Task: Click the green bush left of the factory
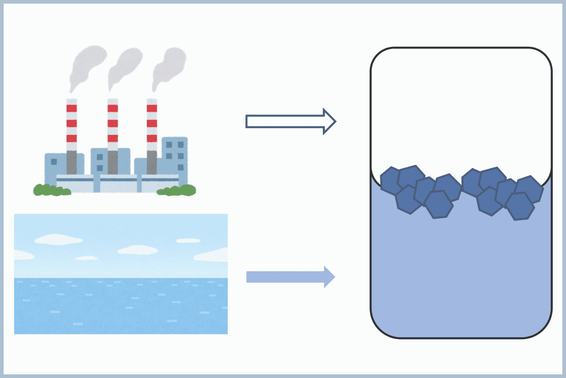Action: tap(51, 190)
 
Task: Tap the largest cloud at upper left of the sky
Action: tap(58, 239)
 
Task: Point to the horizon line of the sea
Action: tap(121, 278)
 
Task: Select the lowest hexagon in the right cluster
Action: tap(520, 206)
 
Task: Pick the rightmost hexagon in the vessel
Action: tap(529, 189)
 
